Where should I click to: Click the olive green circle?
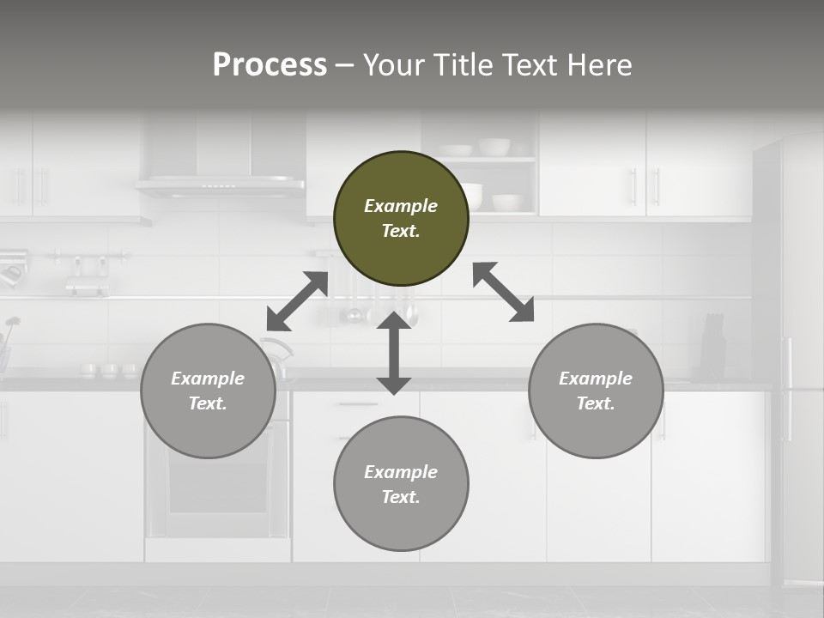(x=401, y=218)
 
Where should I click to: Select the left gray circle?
(x=208, y=391)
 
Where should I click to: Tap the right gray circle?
(x=596, y=391)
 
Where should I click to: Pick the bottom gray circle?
(x=401, y=484)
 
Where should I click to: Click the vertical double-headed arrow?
(x=394, y=353)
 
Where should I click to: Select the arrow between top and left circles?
(x=297, y=300)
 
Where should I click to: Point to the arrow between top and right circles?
(x=504, y=292)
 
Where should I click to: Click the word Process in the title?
(x=270, y=64)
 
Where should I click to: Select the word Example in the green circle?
(x=401, y=206)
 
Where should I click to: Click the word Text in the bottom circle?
(x=399, y=497)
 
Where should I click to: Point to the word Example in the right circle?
(x=596, y=379)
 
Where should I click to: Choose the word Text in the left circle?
(x=207, y=403)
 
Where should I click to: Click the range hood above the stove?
(x=221, y=183)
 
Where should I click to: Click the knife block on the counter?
(x=713, y=346)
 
